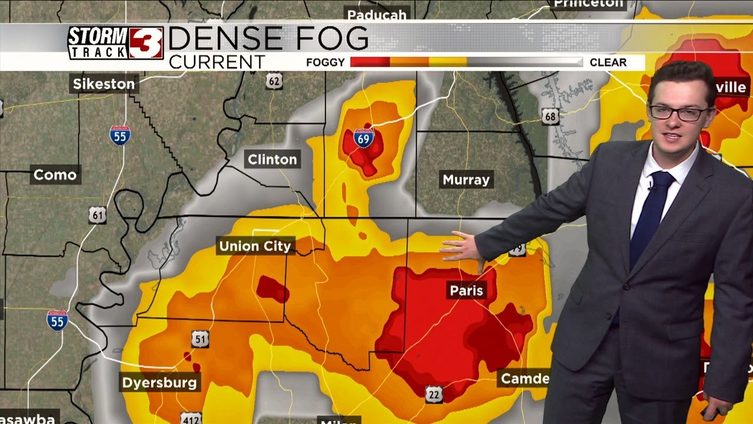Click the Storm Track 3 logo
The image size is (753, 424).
coord(115,43)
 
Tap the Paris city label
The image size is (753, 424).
coord(466,290)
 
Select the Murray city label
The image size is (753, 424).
coord(466,180)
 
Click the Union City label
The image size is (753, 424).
coord(255,246)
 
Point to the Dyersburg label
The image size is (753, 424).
coord(159,383)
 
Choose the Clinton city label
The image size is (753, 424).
coord(272,159)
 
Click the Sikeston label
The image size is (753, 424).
coord(104,84)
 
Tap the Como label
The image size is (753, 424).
coord(55,175)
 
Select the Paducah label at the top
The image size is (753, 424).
coord(376,15)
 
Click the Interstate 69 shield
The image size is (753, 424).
coord(364,139)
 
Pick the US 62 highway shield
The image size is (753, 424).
coord(274,81)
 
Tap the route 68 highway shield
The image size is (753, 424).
coord(551,116)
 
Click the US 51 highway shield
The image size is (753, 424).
coord(200,339)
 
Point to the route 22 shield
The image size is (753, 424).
coord(434,395)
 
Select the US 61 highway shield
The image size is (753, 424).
coord(98,215)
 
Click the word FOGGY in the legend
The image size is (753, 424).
coord(325,62)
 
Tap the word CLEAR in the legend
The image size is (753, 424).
coord(608,62)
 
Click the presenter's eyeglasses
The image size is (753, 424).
coord(679,112)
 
